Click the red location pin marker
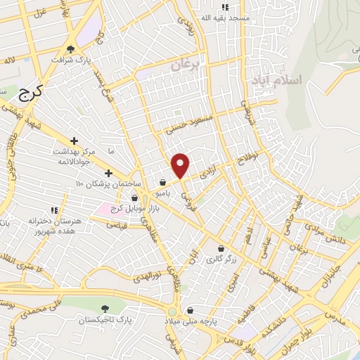[x=181, y=165]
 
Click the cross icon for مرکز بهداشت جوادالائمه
[x=74, y=141]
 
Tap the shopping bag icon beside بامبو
[x=163, y=181]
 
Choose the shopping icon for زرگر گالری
[x=221, y=248]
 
